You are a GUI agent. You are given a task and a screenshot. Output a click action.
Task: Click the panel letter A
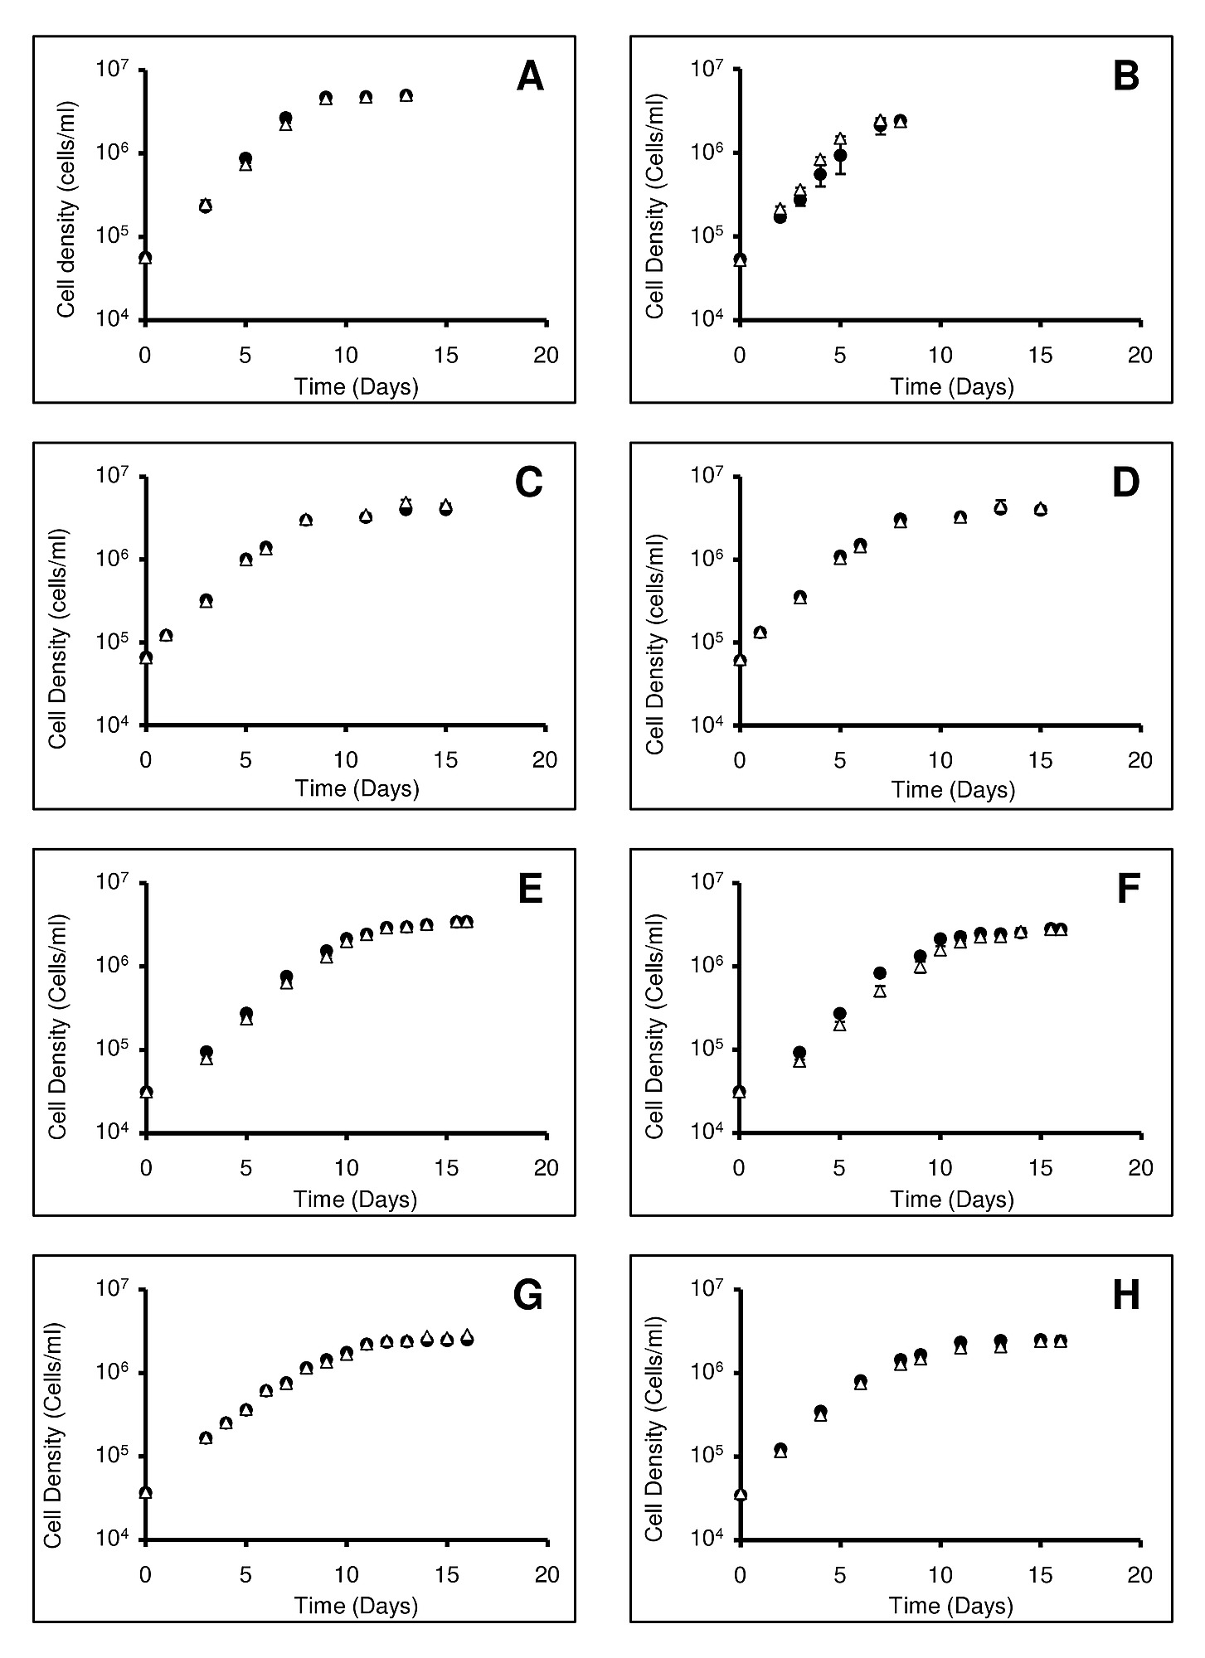(x=530, y=77)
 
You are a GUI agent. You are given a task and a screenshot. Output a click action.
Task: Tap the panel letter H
(x=1125, y=1296)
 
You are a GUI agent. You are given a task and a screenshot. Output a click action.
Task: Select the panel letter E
(x=530, y=890)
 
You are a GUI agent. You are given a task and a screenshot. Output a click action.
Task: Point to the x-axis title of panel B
(x=952, y=387)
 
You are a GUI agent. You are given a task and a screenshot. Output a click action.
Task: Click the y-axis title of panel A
(x=66, y=209)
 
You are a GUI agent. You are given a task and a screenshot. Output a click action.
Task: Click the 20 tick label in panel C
(x=545, y=760)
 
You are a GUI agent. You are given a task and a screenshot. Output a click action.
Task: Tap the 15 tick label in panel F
(x=1041, y=1167)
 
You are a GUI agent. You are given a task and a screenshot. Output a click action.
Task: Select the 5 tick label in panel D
(x=840, y=760)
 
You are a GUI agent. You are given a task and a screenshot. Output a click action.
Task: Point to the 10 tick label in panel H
(x=940, y=1574)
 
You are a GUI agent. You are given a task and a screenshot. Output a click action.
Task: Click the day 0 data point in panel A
(x=145, y=258)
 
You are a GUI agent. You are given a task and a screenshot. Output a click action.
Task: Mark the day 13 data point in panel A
(x=406, y=96)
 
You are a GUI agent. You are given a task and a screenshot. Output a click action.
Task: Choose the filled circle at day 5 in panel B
(x=840, y=155)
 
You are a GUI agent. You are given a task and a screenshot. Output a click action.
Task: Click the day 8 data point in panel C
(x=306, y=520)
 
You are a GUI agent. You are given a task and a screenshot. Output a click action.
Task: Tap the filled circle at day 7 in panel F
(x=880, y=973)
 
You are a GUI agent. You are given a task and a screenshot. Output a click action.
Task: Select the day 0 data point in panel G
(x=145, y=1492)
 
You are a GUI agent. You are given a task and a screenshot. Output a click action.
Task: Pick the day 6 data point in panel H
(x=860, y=1382)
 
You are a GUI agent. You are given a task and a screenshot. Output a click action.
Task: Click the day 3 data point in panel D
(x=799, y=597)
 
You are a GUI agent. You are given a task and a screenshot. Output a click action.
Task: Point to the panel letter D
(x=1125, y=483)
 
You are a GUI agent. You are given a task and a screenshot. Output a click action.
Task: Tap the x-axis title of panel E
(x=356, y=1200)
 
